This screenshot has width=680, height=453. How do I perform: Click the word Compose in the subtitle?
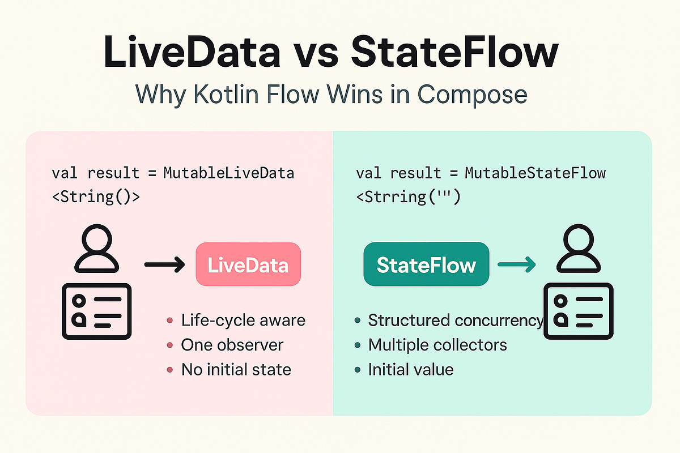coord(473,95)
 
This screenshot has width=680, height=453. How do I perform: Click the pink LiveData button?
coord(248,264)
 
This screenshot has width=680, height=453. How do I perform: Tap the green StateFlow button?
coord(426,264)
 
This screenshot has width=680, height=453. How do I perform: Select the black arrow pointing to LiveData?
coord(164,264)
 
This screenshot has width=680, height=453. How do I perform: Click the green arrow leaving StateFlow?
coord(516,264)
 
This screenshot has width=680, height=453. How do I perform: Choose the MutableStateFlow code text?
coord(535,173)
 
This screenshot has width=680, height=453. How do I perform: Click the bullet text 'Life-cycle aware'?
coord(243,320)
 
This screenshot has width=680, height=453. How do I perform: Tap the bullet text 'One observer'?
coord(232,345)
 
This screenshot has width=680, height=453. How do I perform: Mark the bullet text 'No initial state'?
coord(236,370)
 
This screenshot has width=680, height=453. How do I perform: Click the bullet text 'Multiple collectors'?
coord(437,345)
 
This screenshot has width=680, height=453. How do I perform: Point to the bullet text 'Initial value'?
coord(410,370)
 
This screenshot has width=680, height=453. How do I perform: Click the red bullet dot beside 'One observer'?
coord(169,345)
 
